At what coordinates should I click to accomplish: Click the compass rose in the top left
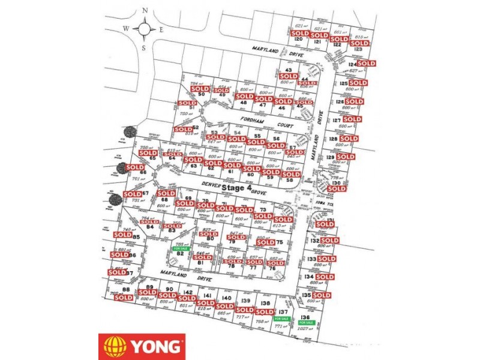145,28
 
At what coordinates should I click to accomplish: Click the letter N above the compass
145,10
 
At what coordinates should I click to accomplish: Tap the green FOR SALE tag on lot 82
181,248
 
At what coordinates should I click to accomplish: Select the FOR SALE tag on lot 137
281,319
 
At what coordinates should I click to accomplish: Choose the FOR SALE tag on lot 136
306,322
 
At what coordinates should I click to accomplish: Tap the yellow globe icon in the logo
115,346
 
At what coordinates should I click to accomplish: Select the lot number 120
298,40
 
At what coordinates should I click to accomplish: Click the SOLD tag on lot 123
359,43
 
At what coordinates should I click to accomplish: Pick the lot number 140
226,298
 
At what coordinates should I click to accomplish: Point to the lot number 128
334,139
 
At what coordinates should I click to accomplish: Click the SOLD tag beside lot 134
325,277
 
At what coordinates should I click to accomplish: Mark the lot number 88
126,289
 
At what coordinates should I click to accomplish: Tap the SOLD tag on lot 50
199,89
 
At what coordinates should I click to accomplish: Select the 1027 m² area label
307,329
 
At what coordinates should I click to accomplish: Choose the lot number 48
244,103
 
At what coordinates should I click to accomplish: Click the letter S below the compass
145,49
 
